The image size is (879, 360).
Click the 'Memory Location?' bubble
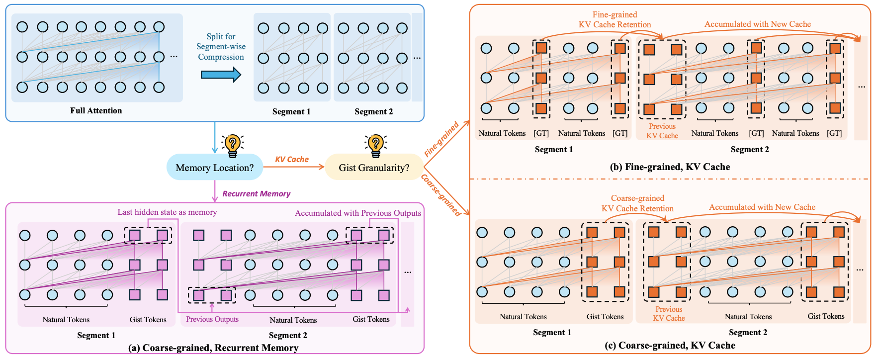tap(214, 168)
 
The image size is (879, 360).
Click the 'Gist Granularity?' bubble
tap(374, 168)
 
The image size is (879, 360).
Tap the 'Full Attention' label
tap(96, 110)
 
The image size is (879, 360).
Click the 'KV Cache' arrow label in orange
tap(292, 159)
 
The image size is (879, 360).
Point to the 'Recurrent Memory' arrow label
tap(256, 193)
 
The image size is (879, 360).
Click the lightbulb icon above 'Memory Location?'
tap(232, 145)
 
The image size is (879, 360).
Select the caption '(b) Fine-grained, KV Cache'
tap(670, 167)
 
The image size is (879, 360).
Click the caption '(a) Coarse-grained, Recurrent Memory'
tap(213, 348)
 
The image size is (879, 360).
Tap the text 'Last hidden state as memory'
tap(167, 212)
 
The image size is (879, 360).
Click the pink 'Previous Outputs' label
tap(212, 319)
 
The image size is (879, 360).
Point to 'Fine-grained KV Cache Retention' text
tap(615, 20)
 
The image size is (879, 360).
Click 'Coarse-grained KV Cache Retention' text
tap(637, 203)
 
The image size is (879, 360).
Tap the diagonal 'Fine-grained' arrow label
tap(441, 139)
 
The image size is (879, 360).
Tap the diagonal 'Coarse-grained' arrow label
tap(441, 195)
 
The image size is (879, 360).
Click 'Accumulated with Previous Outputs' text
tap(357, 213)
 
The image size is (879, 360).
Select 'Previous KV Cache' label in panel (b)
tap(662, 131)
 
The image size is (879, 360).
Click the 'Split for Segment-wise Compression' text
tap(221, 47)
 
